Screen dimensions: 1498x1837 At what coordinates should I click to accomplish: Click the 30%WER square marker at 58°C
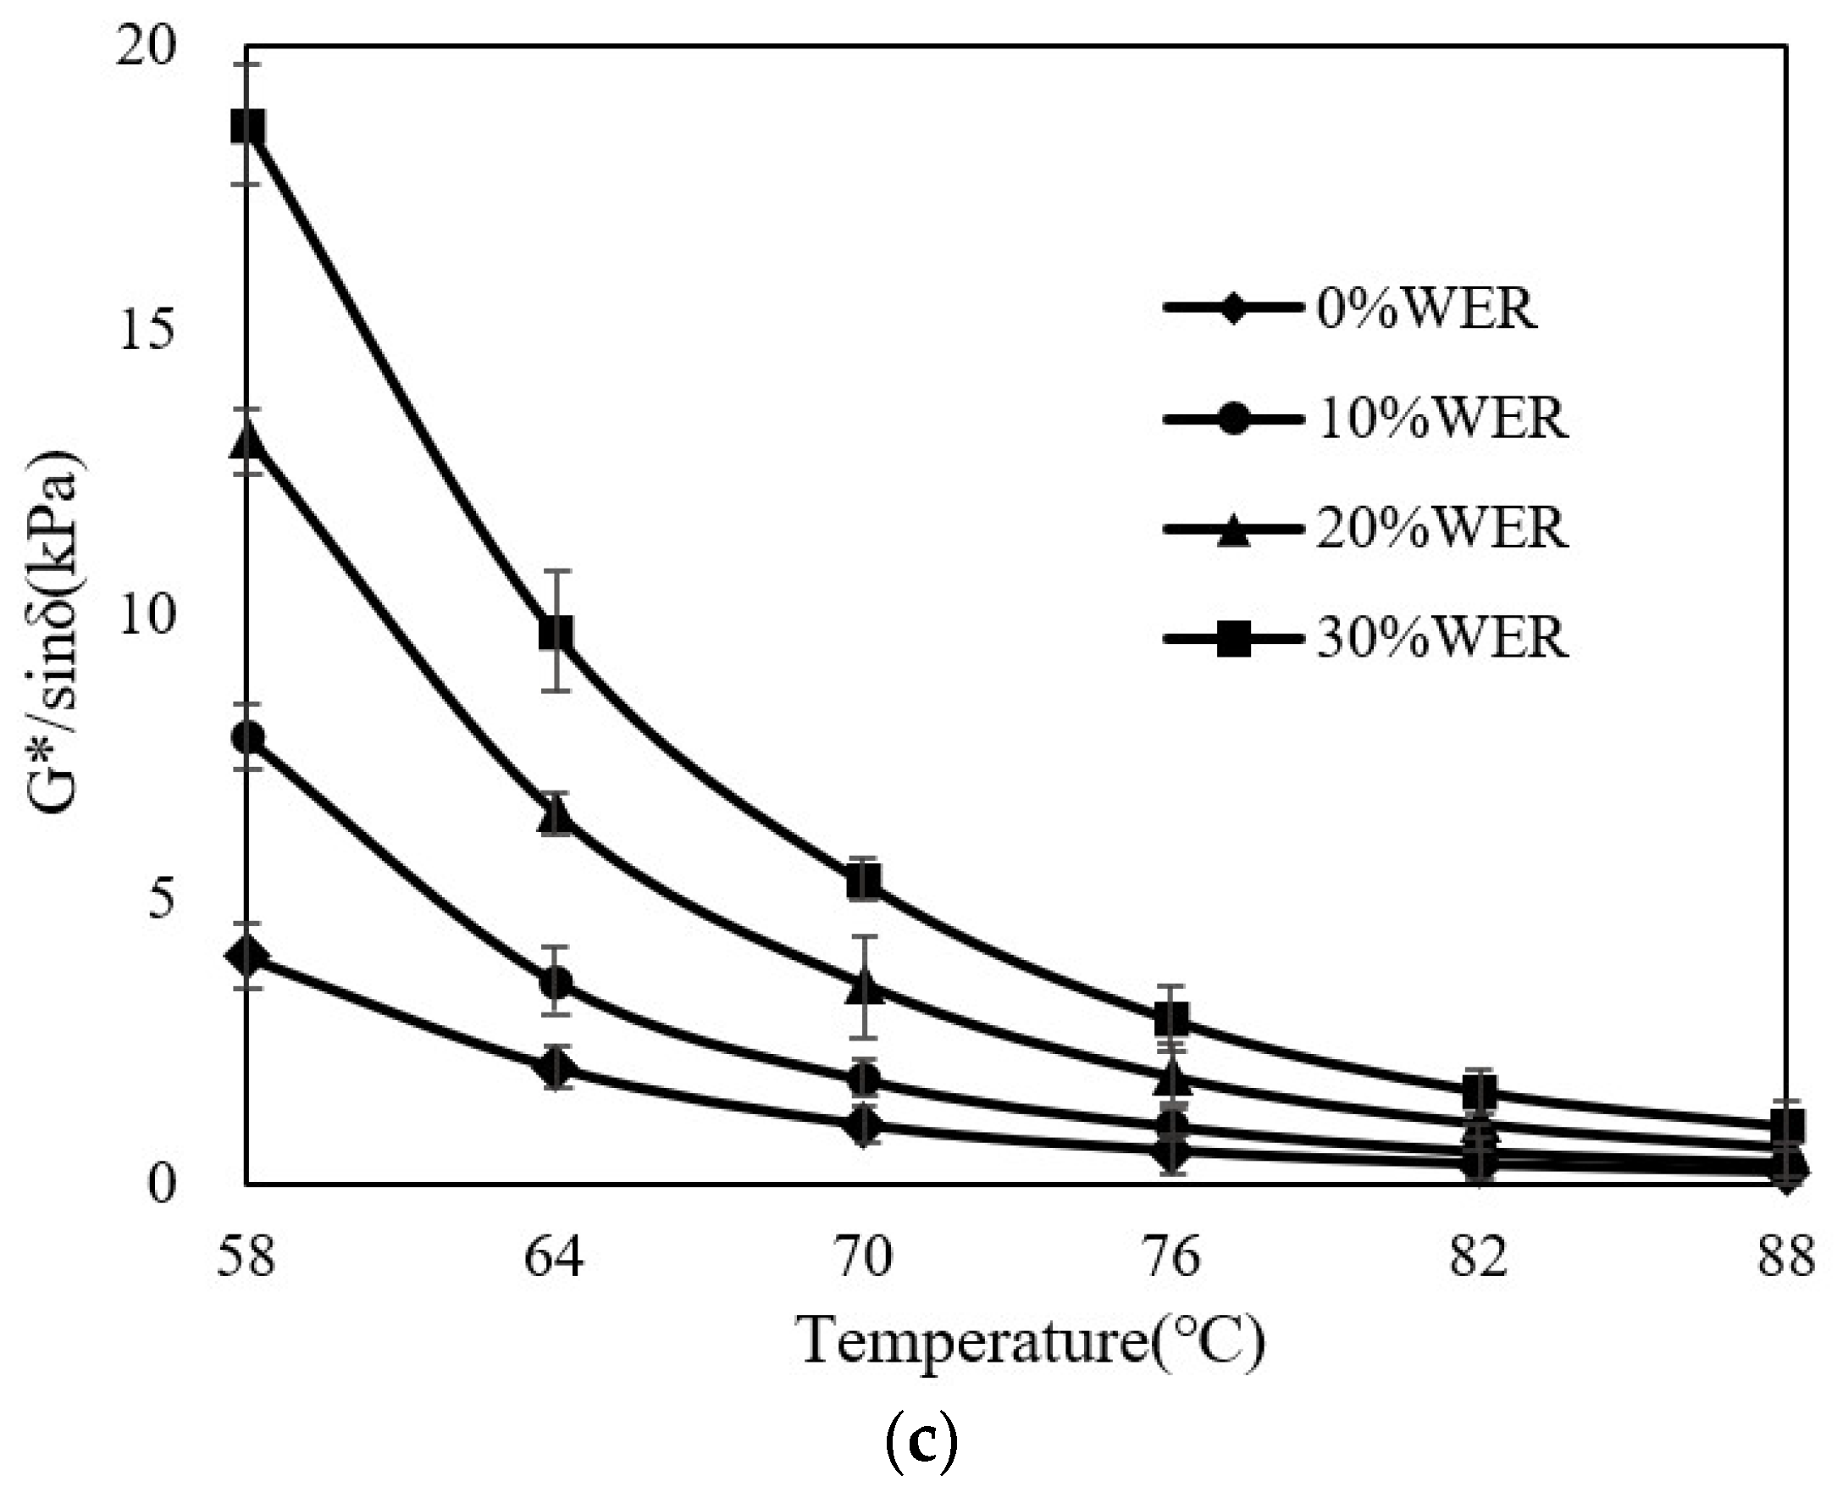[x=247, y=126]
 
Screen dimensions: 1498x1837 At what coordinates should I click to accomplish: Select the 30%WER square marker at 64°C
[x=556, y=631]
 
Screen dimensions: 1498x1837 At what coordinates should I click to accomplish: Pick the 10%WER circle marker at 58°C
[x=247, y=737]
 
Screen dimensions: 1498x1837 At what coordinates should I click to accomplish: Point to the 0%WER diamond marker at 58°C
[x=247, y=955]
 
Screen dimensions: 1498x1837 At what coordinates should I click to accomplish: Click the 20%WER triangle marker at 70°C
[x=864, y=985]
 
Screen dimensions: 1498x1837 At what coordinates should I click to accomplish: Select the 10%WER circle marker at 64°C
[x=556, y=981]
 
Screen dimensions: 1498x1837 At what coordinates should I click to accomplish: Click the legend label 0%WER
[x=1426, y=308]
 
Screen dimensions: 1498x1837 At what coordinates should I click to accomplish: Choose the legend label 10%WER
[x=1442, y=419]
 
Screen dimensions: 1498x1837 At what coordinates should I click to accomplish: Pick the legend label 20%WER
[x=1442, y=527]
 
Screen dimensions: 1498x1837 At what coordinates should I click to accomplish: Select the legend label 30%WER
[x=1442, y=639]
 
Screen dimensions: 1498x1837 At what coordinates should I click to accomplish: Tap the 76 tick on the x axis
[x=1172, y=1257]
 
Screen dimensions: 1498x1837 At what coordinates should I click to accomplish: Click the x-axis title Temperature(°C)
[x=1032, y=1343]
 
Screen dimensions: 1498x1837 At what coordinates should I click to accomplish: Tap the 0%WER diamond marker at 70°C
[x=864, y=1126]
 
